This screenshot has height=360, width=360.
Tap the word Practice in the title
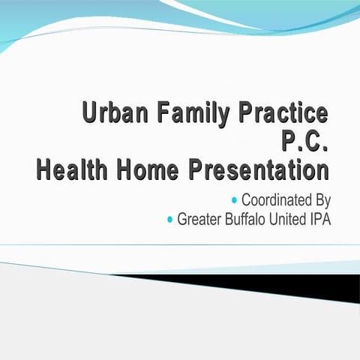[x=283, y=114]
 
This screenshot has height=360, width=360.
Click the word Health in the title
[x=73, y=170]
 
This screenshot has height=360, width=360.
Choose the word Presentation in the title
[x=259, y=170]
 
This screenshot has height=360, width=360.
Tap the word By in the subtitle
[x=322, y=201]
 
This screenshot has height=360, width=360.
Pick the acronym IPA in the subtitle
[x=320, y=220]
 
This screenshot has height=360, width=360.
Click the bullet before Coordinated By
[x=235, y=200]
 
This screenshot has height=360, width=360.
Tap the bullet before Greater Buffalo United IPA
[x=170, y=220]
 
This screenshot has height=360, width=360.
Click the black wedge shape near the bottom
[x=300, y=283]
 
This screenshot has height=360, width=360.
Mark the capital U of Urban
[x=90, y=114]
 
